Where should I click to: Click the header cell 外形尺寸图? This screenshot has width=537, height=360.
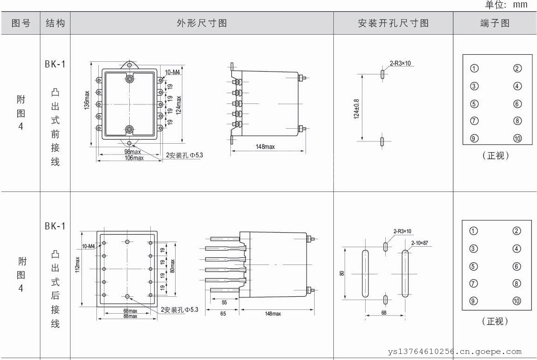click(x=202, y=23)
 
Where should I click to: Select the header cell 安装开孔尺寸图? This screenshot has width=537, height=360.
click(x=393, y=23)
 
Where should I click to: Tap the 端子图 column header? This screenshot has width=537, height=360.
click(x=495, y=23)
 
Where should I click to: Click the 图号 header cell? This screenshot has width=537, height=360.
click(x=21, y=23)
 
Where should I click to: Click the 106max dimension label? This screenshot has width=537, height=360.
click(x=134, y=158)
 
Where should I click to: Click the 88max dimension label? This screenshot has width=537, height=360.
click(x=130, y=316)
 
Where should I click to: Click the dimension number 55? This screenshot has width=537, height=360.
click(x=224, y=303)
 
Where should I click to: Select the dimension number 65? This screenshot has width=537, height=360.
click(x=223, y=314)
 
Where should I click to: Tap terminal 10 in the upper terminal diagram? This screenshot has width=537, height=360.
click(x=517, y=139)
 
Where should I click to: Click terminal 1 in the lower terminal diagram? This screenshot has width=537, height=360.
click(x=474, y=231)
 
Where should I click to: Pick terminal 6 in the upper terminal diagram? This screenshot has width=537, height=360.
click(x=517, y=104)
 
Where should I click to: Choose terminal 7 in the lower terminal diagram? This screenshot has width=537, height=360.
click(x=474, y=284)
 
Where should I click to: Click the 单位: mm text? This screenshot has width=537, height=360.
click(x=506, y=5)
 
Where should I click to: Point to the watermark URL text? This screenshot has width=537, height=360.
click(x=455, y=351)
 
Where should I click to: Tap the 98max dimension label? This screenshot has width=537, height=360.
click(x=132, y=152)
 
